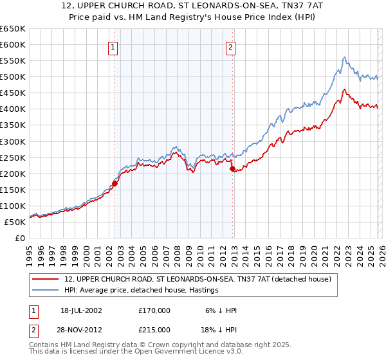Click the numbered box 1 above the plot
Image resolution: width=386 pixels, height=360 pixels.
click(x=113, y=46)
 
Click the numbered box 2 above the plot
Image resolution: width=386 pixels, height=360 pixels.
click(x=230, y=46)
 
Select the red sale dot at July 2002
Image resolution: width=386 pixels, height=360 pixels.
click(x=115, y=183)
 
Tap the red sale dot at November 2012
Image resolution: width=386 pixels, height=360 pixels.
click(x=232, y=168)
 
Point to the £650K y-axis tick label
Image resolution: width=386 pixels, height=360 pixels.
click(x=13, y=29)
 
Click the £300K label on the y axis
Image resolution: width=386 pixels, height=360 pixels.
click(x=13, y=141)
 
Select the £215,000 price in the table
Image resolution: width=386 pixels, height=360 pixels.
click(x=154, y=329)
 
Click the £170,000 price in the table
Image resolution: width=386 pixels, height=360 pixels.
click(x=154, y=310)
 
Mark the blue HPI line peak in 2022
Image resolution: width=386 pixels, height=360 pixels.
click(x=344, y=57)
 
